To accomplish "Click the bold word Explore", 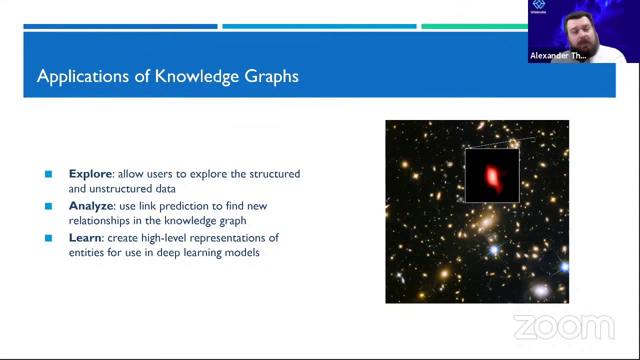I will [90, 174].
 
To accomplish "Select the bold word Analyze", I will [91, 206].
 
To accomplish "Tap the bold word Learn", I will [85, 238].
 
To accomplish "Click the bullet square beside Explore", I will [48, 174].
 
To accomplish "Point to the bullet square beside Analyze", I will [48, 206].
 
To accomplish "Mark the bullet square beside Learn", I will [48, 238].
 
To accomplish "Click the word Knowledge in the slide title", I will [196, 76].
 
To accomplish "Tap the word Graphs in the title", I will [271, 76].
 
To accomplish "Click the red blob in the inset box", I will [492, 177].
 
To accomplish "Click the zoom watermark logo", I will [564, 327].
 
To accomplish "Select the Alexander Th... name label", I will [558, 55].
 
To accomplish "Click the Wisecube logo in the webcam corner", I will [538, 6].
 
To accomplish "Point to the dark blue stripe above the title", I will [120, 26].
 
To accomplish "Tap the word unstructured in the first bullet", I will [122, 189].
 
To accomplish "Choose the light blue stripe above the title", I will [319, 26].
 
